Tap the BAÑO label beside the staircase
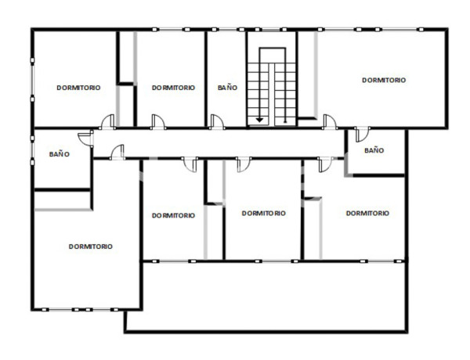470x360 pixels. pyautogui.click(x=227, y=88)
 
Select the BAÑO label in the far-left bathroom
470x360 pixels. pyautogui.click(x=60, y=154)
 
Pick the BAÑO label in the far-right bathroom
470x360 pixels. pyautogui.click(x=374, y=149)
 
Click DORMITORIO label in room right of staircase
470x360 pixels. pyautogui.click(x=384, y=80)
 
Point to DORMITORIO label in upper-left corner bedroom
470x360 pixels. pyautogui.click(x=78, y=88)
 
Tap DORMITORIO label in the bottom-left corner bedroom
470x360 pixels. pyautogui.click(x=90, y=246)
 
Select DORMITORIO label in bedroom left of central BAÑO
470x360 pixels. pyautogui.click(x=173, y=88)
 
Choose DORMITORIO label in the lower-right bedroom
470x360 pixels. pyautogui.click(x=367, y=213)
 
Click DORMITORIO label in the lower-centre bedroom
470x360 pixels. pyautogui.click(x=263, y=213)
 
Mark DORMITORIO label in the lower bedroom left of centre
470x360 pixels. pyautogui.click(x=173, y=215)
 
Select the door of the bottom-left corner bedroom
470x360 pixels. pyautogui.click(x=117, y=152)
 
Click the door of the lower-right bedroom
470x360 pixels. pyautogui.click(x=323, y=164)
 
